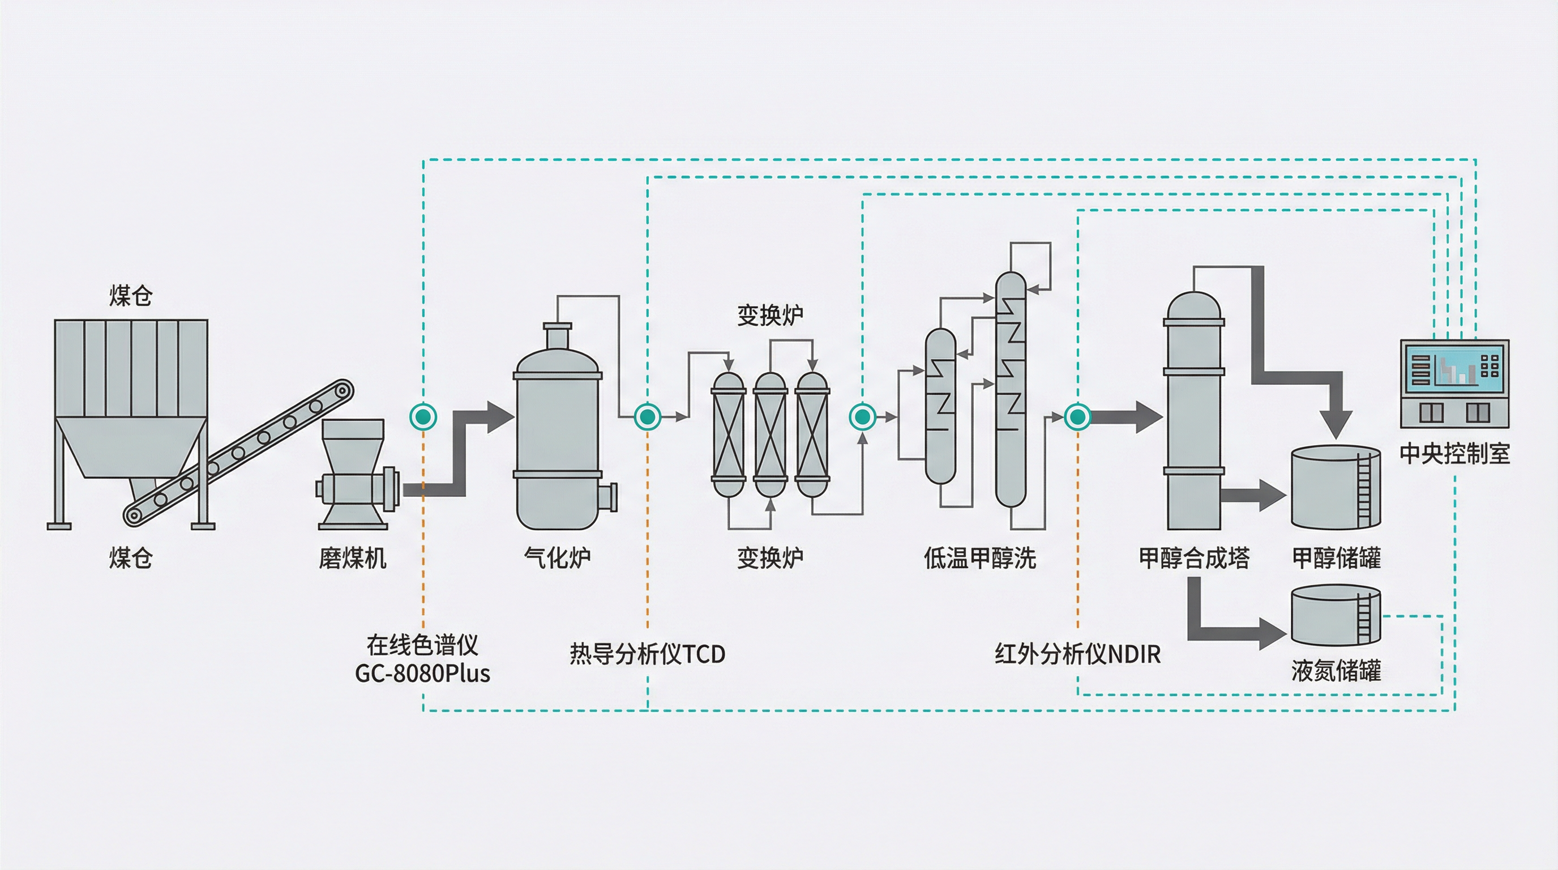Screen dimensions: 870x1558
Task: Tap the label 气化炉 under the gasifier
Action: pyautogui.click(x=557, y=558)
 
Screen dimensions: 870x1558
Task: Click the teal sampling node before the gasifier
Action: pyautogui.click(x=423, y=416)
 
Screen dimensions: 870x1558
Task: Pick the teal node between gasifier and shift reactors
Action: pyautogui.click(x=647, y=416)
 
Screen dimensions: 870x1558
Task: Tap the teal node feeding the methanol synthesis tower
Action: pyautogui.click(x=1077, y=416)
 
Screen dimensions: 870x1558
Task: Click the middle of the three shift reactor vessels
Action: pyautogui.click(x=770, y=434)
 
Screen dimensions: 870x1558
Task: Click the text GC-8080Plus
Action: pyautogui.click(x=422, y=673)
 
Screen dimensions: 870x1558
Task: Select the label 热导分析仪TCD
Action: pyautogui.click(x=647, y=654)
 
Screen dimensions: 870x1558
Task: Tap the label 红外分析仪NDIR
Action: pyautogui.click(x=1077, y=654)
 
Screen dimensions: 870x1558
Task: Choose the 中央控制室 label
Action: pyautogui.click(x=1454, y=453)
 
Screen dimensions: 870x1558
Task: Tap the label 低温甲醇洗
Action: pyautogui.click(x=980, y=558)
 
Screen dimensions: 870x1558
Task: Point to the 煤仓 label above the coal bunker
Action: pyautogui.click(x=131, y=296)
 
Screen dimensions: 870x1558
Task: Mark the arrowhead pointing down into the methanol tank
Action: pyautogui.click(x=1336, y=424)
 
